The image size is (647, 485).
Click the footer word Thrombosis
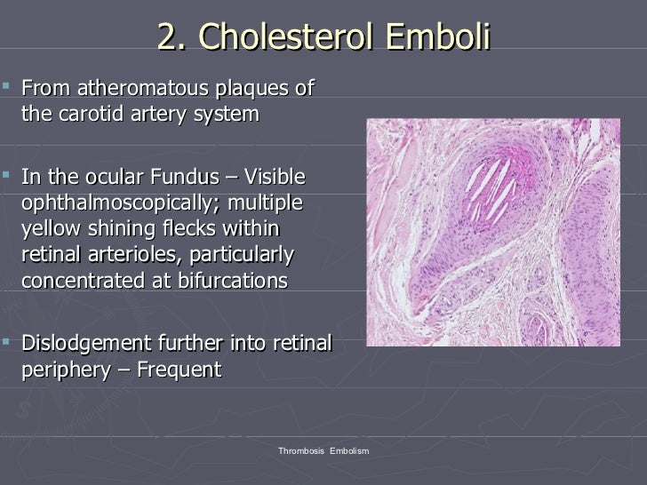click(x=301, y=452)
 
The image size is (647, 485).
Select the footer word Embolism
click(x=349, y=452)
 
